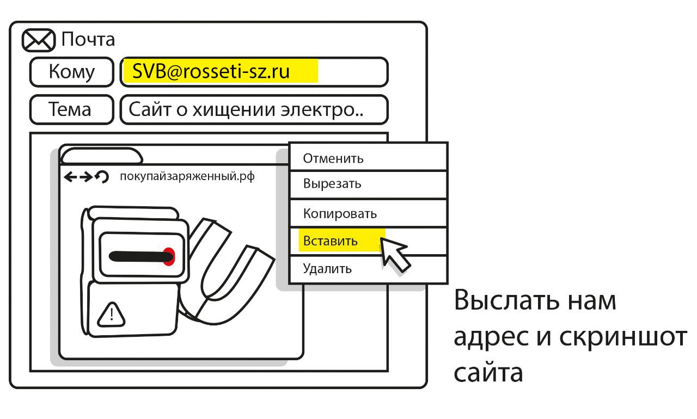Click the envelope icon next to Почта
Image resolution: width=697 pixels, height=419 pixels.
(38, 40)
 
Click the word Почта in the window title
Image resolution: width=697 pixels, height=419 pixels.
(88, 40)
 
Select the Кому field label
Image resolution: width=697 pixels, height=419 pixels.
(71, 72)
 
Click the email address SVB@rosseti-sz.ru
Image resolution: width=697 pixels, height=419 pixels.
(211, 72)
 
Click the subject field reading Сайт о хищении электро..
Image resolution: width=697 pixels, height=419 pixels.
(246, 110)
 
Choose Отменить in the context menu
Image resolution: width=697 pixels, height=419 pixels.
(333, 158)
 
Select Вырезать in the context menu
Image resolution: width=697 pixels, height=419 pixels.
(332, 183)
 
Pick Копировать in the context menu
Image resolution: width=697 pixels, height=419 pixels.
(340, 213)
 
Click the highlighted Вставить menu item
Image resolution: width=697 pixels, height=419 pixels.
(331, 241)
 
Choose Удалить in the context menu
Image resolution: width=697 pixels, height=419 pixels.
(327, 269)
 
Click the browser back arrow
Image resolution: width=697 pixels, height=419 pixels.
(71, 176)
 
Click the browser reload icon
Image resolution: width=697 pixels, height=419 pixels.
(102, 176)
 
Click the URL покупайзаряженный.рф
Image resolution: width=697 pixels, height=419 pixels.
(187, 176)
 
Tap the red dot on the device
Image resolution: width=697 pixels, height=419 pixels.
(169, 256)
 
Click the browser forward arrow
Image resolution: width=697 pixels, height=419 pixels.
(86, 176)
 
